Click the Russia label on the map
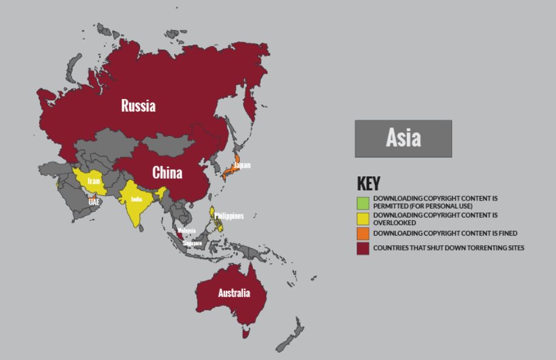click(x=138, y=106)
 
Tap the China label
click(x=167, y=173)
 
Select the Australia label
click(x=234, y=294)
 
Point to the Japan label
click(x=241, y=165)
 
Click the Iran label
click(x=93, y=181)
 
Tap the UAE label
click(x=94, y=202)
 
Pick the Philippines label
click(x=229, y=216)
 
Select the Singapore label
click(x=193, y=243)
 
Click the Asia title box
click(x=403, y=138)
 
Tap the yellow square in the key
click(x=362, y=217)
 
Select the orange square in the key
click(x=362, y=233)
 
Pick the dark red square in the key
click(x=362, y=248)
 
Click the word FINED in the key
click(x=506, y=233)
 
